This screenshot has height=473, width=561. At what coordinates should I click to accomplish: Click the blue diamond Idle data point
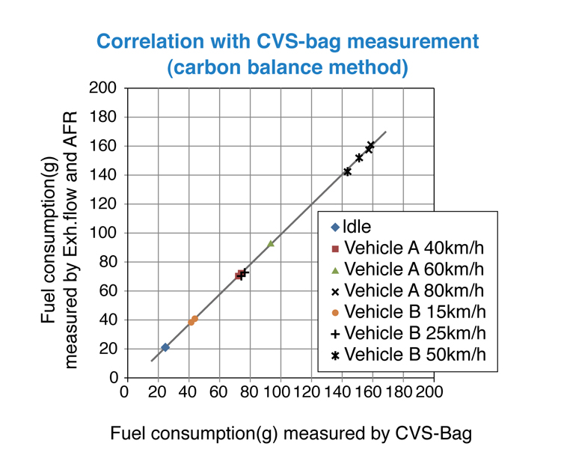point(165,347)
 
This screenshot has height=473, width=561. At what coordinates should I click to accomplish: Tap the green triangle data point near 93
point(271,243)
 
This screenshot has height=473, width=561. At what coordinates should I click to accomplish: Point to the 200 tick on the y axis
point(105,88)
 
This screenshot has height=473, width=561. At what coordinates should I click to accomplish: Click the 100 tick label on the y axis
point(105,233)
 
